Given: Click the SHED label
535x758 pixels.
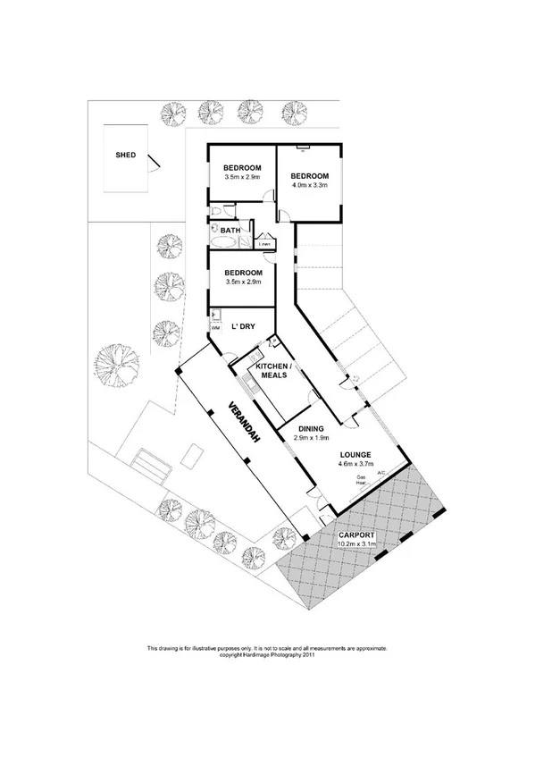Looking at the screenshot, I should [x=126, y=155].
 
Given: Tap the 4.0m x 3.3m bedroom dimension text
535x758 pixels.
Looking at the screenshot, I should [x=310, y=187].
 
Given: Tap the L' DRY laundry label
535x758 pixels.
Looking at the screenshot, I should [x=244, y=326].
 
